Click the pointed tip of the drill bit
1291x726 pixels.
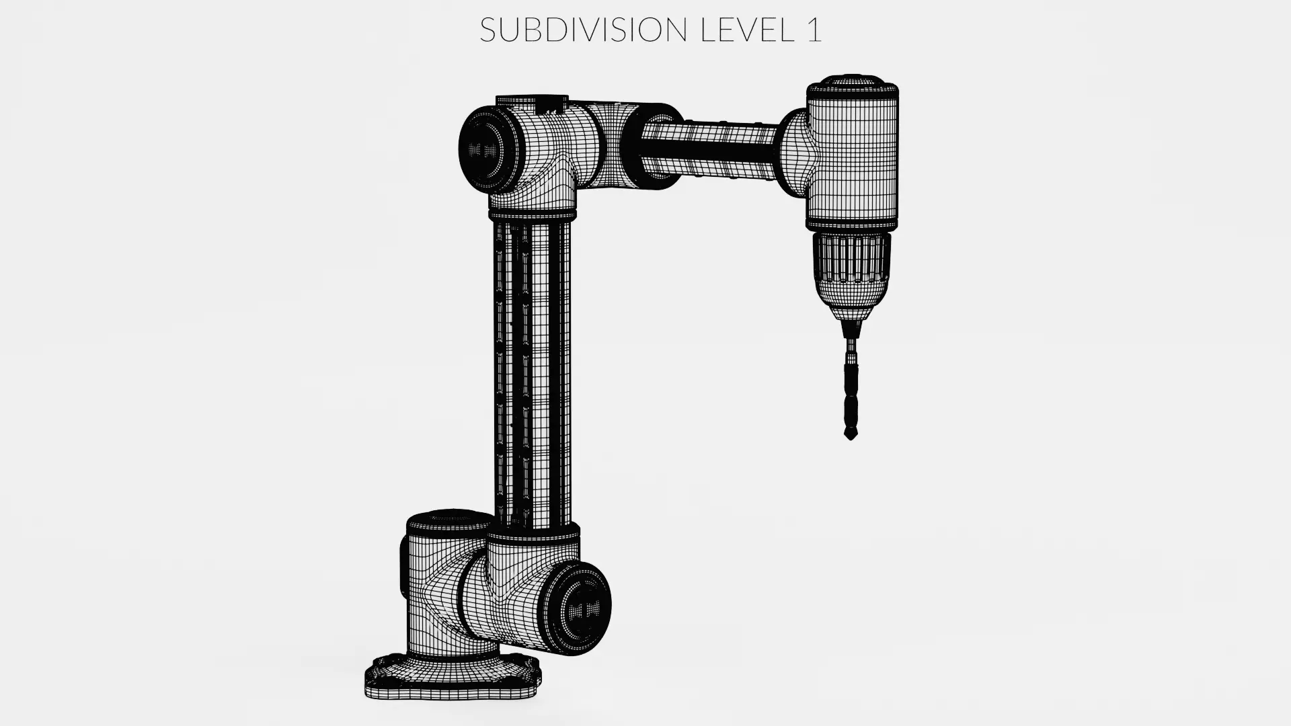(x=851, y=436)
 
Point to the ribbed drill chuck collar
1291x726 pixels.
(x=852, y=259)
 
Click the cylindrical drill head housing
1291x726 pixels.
(x=853, y=161)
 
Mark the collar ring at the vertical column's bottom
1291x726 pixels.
(x=533, y=534)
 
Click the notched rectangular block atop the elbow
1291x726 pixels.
(x=531, y=103)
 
